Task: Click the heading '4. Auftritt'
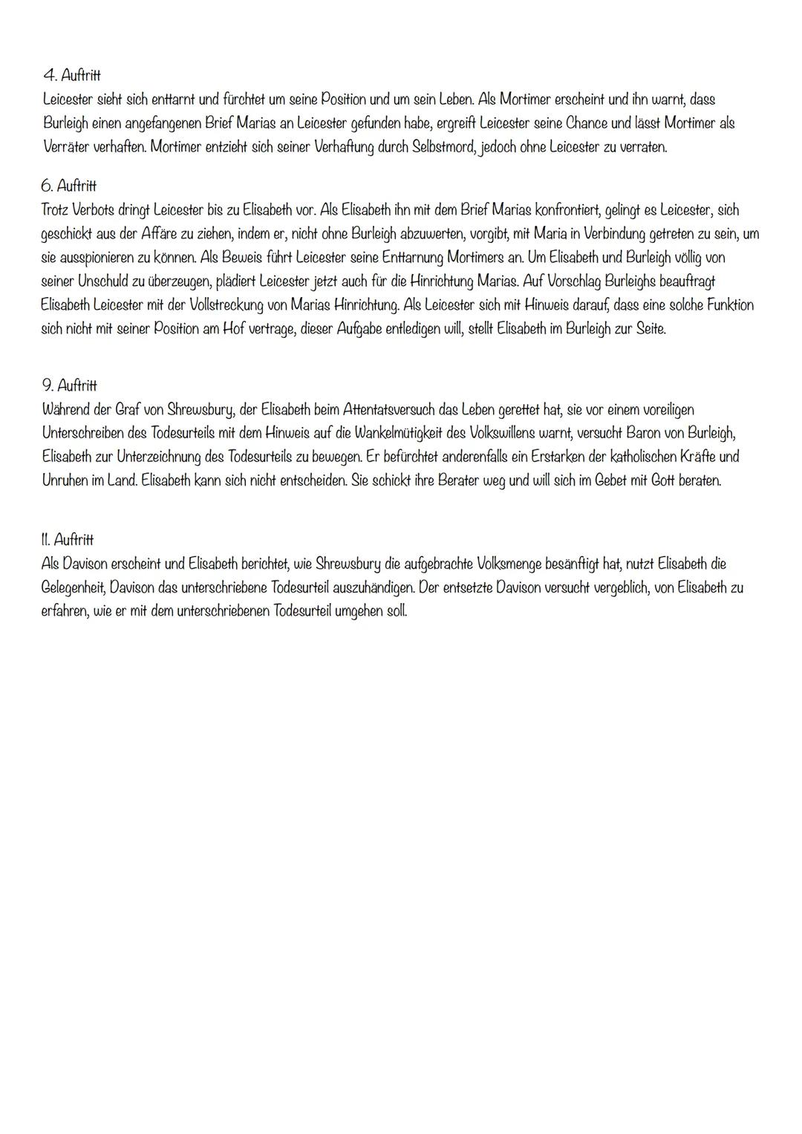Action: point(73,76)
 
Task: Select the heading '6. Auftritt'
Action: point(69,186)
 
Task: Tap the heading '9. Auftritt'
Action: point(69,385)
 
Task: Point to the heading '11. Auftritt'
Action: point(68,539)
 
